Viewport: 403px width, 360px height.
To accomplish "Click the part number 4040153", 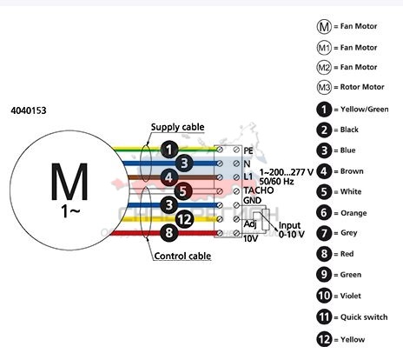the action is point(29,110).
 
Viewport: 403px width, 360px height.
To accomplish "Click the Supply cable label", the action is point(177,127).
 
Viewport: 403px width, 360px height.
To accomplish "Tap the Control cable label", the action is point(182,256).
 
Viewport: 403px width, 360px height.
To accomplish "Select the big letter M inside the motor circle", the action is point(69,182).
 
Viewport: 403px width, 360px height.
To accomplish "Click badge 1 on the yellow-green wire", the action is point(169,150).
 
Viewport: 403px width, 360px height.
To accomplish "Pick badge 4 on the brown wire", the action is point(169,177).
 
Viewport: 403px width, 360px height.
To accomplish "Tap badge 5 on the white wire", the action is point(183,191).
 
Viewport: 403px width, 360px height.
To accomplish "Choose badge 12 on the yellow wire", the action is point(184,219).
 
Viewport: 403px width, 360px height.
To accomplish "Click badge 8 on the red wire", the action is point(169,233).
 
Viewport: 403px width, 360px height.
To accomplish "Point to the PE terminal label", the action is point(248,150).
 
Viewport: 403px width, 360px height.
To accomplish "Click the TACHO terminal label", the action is point(259,190).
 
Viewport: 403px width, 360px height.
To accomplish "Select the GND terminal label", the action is point(253,200).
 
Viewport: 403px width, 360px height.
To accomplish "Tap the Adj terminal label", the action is point(250,224).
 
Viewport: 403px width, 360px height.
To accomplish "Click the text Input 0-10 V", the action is point(292,230).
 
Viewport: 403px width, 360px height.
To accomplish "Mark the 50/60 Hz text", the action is point(277,182).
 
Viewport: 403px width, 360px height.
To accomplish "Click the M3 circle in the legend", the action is point(324,87).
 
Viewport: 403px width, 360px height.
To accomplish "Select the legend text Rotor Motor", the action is point(362,87).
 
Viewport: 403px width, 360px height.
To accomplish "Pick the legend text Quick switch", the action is point(364,317).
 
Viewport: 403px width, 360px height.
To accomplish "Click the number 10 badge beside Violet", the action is point(324,296).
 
